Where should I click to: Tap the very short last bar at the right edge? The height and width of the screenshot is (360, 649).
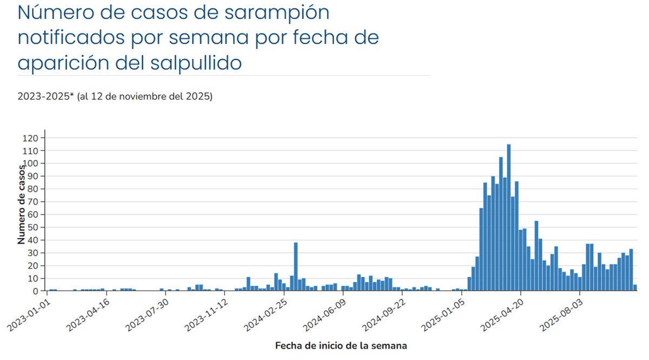coord(635,288)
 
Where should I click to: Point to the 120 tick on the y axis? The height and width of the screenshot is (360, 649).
coord(32,138)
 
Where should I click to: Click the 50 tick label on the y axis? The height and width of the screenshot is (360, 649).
coord(34,228)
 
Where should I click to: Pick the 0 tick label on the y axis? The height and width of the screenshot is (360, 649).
coord(36,291)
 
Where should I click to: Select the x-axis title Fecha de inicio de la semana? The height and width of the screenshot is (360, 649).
coord(341,345)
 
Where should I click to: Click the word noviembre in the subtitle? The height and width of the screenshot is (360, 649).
coord(141,97)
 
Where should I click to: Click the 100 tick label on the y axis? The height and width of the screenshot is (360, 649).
coord(32,163)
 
